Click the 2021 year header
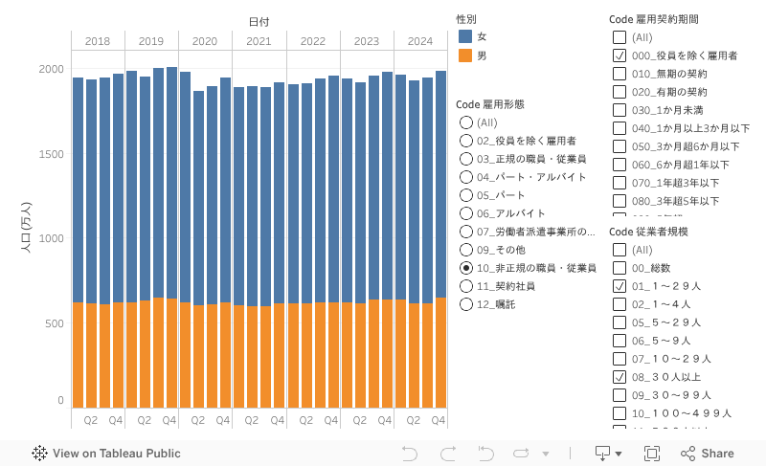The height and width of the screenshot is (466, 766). [259, 41]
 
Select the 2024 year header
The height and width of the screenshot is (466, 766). [419, 41]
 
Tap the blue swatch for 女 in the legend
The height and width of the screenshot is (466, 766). [465, 36]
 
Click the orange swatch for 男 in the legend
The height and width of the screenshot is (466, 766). [465, 55]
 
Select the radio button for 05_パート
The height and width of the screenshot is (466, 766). [466, 195]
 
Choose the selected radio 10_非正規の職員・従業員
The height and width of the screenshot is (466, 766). [466, 268]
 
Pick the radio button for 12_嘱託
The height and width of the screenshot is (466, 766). [466, 304]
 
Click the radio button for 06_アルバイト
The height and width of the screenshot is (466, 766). [466, 213]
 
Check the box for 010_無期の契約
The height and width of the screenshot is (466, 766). [620, 74]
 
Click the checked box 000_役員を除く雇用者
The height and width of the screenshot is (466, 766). [620, 55]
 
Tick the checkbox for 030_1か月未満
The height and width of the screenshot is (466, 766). [620, 110]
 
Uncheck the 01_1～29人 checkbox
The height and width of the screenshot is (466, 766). [620, 286]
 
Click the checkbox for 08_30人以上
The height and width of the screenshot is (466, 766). [620, 377]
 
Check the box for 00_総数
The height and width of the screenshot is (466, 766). [620, 268]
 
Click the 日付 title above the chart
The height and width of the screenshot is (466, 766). [259, 21]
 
